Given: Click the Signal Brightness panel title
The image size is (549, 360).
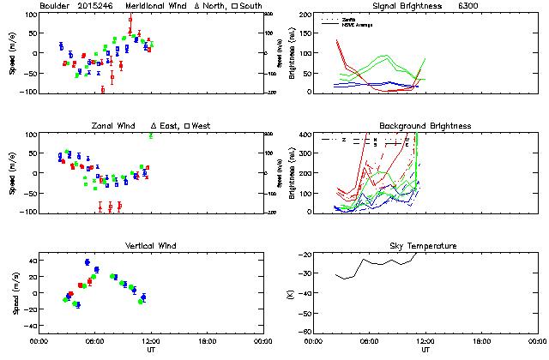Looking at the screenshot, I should pyautogui.click(x=406, y=5).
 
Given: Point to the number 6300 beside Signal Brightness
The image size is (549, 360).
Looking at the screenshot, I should pyautogui.click(x=468, y=5).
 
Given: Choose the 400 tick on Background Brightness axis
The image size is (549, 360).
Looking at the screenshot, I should pyautogui.click(x=305, y=135).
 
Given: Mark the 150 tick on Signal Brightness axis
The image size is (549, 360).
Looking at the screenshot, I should pyautogui.click(x=305, y=33).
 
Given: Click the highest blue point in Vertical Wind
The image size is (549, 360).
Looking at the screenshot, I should pyautogui.click(x=87, y=262).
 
